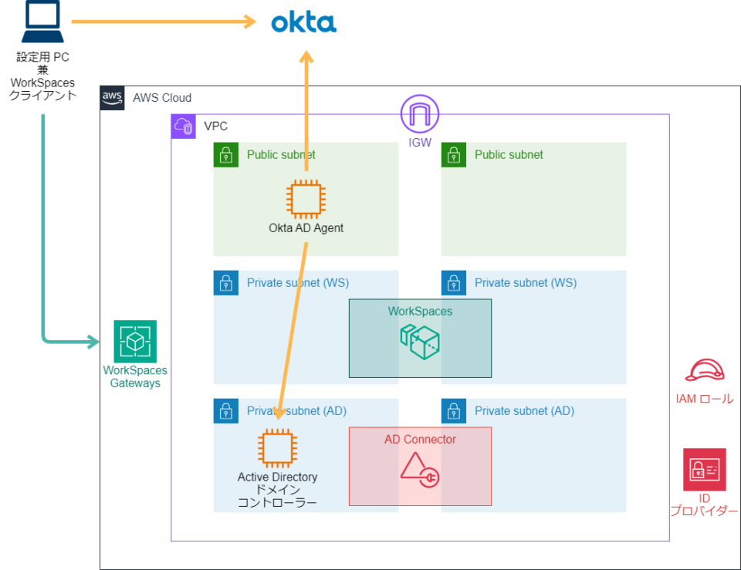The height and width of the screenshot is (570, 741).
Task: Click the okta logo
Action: click(303, 22)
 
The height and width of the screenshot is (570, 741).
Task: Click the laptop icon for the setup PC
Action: click(43, 24)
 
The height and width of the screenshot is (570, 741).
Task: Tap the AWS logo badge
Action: click(113, 98)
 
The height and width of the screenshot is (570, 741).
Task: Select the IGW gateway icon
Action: click(418, 115)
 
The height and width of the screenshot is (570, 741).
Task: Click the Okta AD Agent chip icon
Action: click(305, 199)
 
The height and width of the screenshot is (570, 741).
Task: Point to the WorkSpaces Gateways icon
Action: click(135, 341)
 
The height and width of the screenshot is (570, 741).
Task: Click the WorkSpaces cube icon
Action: click(419, 340)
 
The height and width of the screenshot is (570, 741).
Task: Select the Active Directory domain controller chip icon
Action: click(277, 448)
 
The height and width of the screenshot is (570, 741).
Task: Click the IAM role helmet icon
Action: click(704, 371)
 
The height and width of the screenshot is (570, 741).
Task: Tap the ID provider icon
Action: click(704, 470)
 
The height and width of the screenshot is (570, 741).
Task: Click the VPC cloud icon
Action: click(184, 126)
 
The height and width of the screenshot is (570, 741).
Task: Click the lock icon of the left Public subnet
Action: click(225, 155)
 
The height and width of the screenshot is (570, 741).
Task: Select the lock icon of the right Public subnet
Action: click(453, 155)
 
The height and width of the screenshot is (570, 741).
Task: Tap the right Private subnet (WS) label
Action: click(525, 283)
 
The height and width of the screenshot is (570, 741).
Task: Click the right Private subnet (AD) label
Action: click(524, 411)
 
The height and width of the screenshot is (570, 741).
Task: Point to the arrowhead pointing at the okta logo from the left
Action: click(249, 22)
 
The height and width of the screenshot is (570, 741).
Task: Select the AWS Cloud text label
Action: click(162, 98)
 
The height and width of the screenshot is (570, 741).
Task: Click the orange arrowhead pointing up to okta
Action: click(306, 59)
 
